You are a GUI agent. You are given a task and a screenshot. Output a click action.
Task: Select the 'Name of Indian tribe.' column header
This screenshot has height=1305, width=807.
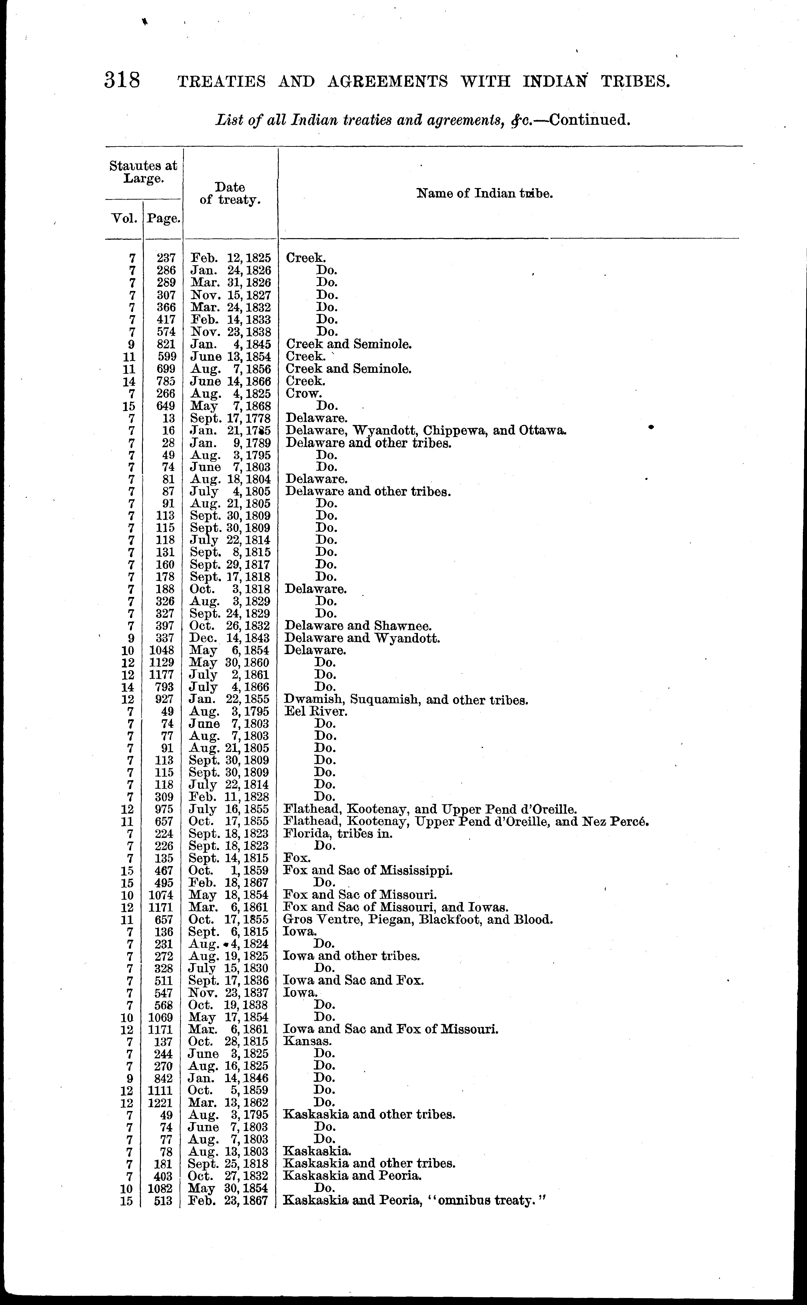pyautogui.click(x=484, y=193)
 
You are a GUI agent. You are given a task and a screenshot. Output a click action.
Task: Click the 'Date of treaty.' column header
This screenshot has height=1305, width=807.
pyautogui.click(x=230, y=194)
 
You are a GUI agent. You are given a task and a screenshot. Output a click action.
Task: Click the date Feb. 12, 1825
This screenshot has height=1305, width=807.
pyautogui.click(x=231, y=258)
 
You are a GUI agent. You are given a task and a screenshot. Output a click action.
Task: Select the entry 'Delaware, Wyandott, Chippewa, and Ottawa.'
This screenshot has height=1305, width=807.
pyautogui.click(x=426, y=430)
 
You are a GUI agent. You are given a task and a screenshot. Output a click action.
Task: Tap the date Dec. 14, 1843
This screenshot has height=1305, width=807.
pyautogui.click(x=229, y=638)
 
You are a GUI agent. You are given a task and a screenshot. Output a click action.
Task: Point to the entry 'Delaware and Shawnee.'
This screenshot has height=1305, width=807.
pyautogui.click(x=358, y=626)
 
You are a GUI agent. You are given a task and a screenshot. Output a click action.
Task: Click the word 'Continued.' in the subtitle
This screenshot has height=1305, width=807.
pyautogui.click(x=590, y=119)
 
